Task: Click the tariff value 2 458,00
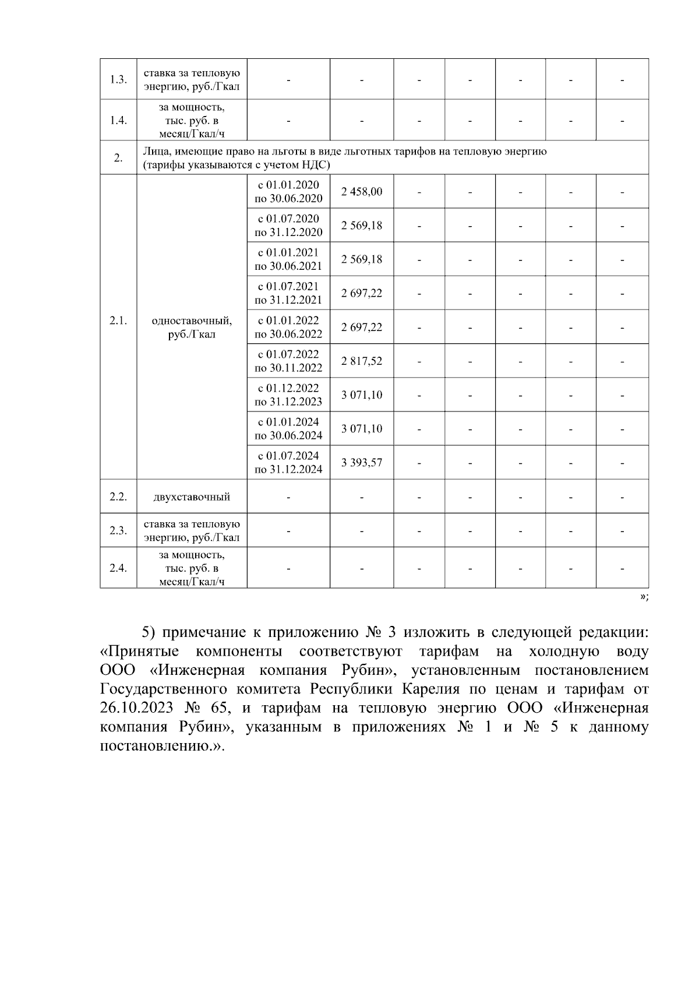coord(362,191)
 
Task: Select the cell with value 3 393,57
coord(362,463)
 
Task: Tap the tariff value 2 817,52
coord(362,361)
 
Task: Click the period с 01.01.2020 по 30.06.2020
coord(288,191)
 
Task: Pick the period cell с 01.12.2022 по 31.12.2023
coord(288,395)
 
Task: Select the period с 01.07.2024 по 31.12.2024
coord(288,462)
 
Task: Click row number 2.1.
coord(118,321)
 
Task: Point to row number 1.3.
coord(118,79)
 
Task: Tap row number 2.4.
coord(118,568)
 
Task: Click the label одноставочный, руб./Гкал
coord(192,327)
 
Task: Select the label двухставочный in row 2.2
coord(192,497)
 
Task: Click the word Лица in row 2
coord(154,152)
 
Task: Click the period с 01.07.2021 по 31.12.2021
coord(288,293)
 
